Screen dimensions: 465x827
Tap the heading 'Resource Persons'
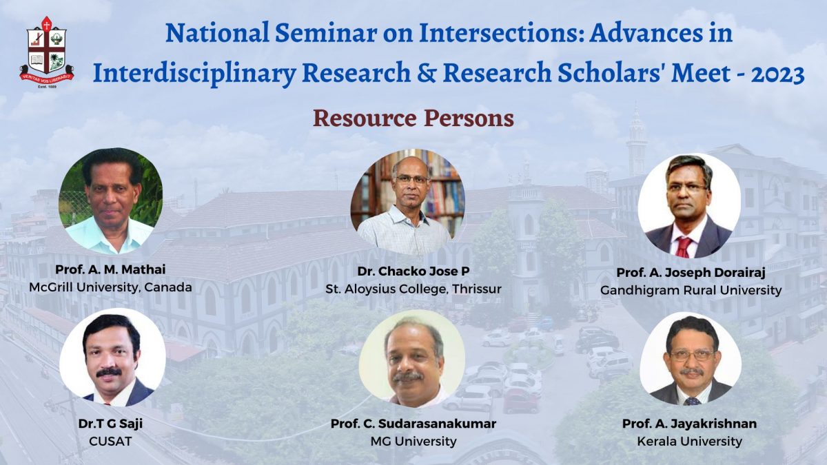[413, 118]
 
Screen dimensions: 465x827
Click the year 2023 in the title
[776, 74]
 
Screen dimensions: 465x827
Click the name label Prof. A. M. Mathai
[111, 270]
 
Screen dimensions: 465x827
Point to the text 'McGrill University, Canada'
[111, 287]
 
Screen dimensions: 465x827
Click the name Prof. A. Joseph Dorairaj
[691, 273]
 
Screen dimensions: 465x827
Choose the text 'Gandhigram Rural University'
[691, 290]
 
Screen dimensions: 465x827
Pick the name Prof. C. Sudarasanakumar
[413, 424]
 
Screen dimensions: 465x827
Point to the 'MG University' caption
[413, 441]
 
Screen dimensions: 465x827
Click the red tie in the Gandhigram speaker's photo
[684, 246]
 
